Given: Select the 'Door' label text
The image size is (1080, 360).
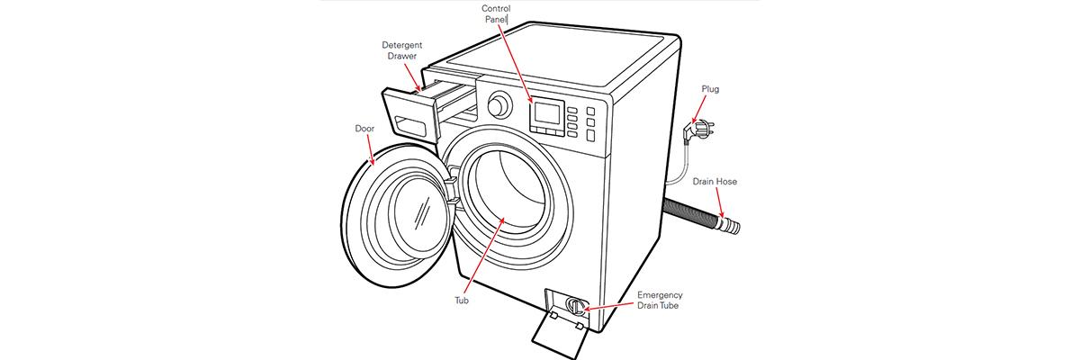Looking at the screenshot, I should (x=364, y=129).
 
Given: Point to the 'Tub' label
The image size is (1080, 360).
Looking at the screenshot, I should (x=462, y=301).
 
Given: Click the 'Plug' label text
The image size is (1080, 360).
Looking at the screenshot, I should (x=711, y=89).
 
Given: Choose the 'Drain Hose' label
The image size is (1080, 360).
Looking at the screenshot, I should (x=715, y=182).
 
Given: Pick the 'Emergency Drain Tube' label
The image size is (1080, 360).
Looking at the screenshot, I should (x=660, y=301).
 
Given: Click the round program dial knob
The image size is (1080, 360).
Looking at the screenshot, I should (x=495, y=105).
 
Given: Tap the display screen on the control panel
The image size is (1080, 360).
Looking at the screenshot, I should (x=545, y=113).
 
